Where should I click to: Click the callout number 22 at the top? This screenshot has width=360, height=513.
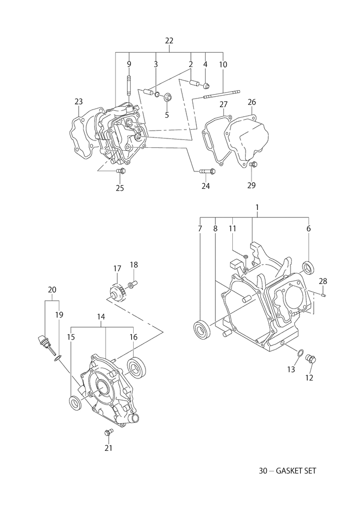coord(169,40)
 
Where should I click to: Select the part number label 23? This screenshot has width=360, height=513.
coord(78,102)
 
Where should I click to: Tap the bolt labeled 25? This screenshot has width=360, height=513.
coord(121,171)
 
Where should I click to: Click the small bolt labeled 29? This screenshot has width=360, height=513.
coord(253,164)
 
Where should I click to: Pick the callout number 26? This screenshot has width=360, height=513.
coord(252,102)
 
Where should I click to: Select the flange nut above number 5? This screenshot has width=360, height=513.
coord(168,97)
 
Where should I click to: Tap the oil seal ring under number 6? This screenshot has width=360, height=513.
coord(308,267)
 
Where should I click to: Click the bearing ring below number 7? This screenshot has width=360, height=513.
coord(202,329)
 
